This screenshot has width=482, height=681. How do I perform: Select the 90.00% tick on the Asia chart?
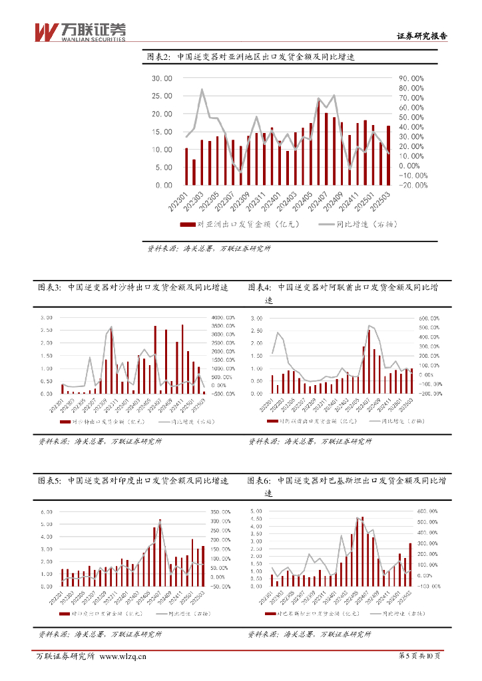pos(411,78)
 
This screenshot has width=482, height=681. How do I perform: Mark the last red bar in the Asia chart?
pos(388,155)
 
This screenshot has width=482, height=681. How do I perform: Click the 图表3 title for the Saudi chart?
pos(133,287)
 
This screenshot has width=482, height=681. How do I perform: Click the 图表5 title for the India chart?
pos(133,480)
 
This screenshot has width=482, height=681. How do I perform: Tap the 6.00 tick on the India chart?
pos(46,512)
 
